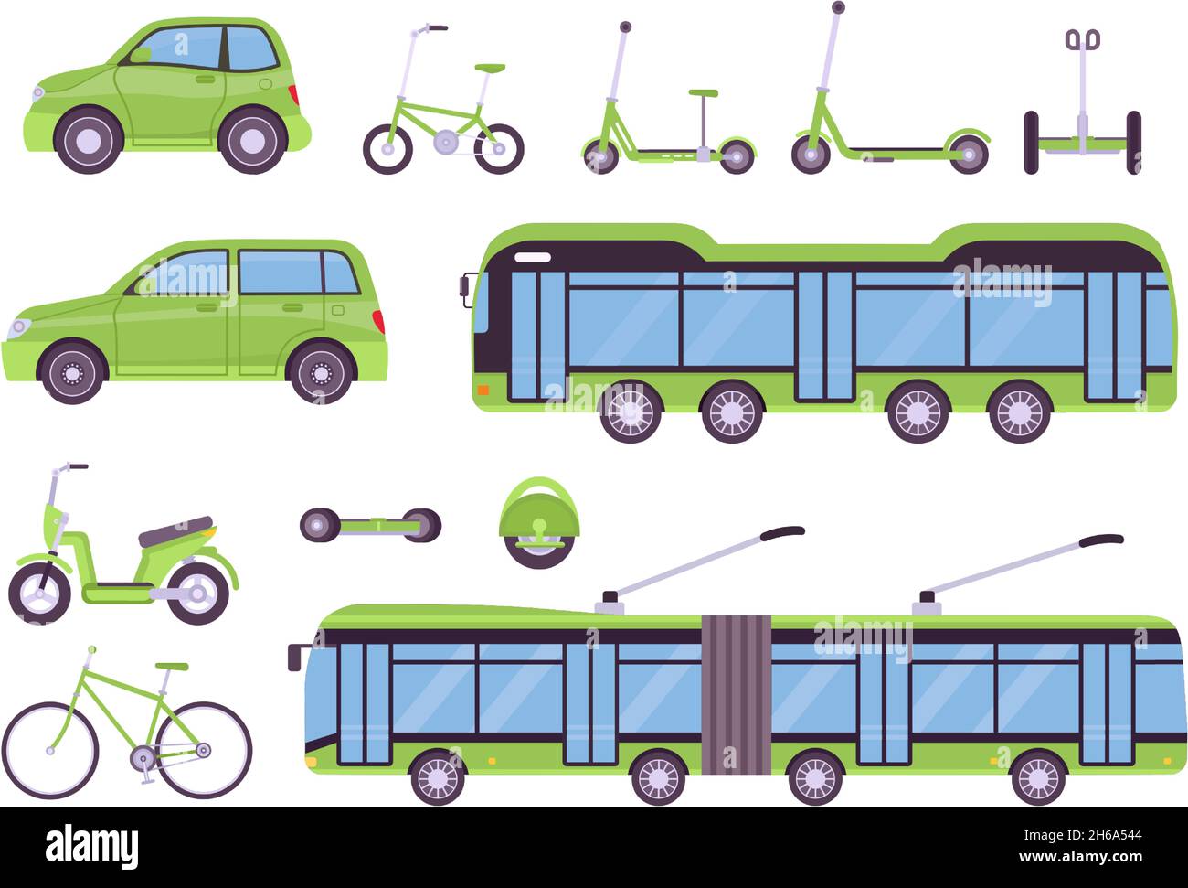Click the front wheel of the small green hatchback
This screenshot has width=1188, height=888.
(89, 140)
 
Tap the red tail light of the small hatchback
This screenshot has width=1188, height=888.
(293, 94)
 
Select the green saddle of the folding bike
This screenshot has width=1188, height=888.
(490, 68)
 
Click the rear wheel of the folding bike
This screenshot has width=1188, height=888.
(499, 148)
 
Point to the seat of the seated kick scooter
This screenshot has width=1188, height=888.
(703, 93)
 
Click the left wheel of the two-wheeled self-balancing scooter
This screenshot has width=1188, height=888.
(1031, 142)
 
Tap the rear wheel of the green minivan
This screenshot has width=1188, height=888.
(321, 372)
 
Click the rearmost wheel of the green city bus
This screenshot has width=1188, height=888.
(1020, 412)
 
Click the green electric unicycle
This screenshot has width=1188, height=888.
(539, 522)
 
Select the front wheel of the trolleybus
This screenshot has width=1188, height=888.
(438, 778)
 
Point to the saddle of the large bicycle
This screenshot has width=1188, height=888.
(172, 667)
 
